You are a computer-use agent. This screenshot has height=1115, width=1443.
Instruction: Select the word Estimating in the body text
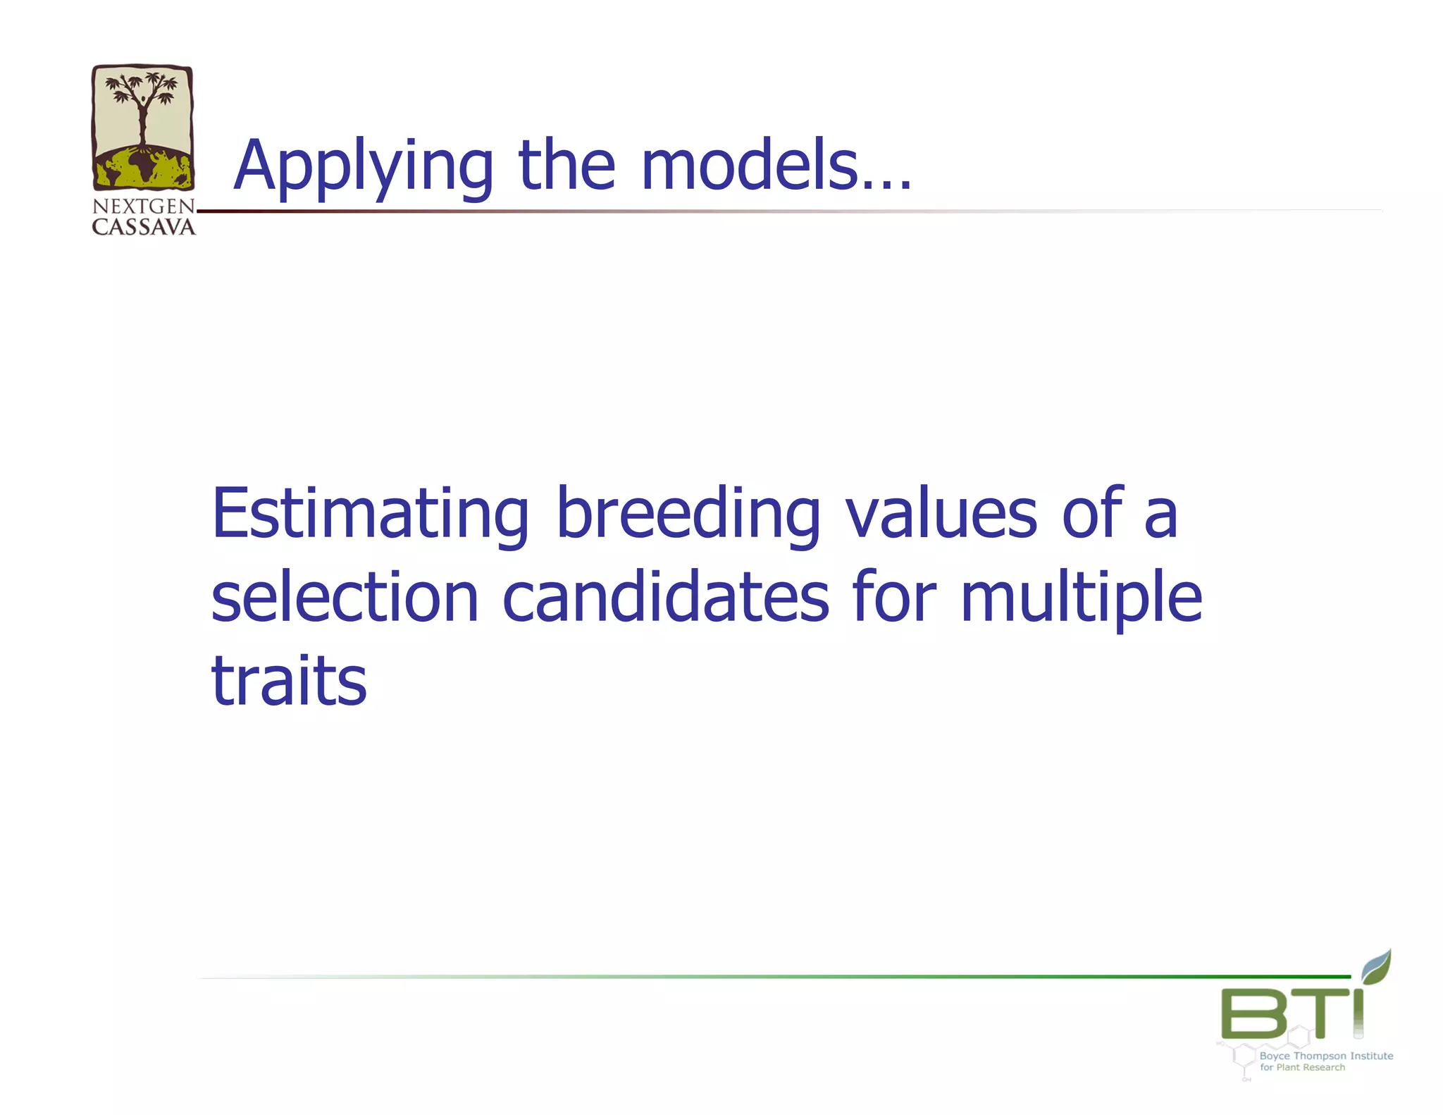[x=370, y=515]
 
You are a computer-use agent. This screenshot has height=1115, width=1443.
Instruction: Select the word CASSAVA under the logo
[x=144, y=227]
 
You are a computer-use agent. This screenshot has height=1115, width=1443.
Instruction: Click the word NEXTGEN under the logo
[x=144, y=207]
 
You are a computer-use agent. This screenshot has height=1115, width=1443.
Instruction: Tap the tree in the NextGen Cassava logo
[x=143, y=106]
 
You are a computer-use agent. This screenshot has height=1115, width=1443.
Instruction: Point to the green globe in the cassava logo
[x=143, y=169]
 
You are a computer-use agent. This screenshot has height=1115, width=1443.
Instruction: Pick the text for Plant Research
[x=1302, y=1067]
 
